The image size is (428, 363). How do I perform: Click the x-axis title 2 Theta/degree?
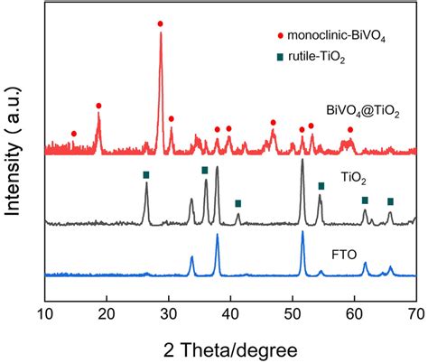coord(230,347)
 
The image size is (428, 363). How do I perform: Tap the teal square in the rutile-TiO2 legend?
coord(280,58)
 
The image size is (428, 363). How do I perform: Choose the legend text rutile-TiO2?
coord(322,58)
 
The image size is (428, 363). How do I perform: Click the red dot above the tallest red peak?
coord(161,23)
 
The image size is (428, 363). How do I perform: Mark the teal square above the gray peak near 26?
coord(146,174)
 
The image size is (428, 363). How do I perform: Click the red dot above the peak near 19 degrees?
coord(98,106)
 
